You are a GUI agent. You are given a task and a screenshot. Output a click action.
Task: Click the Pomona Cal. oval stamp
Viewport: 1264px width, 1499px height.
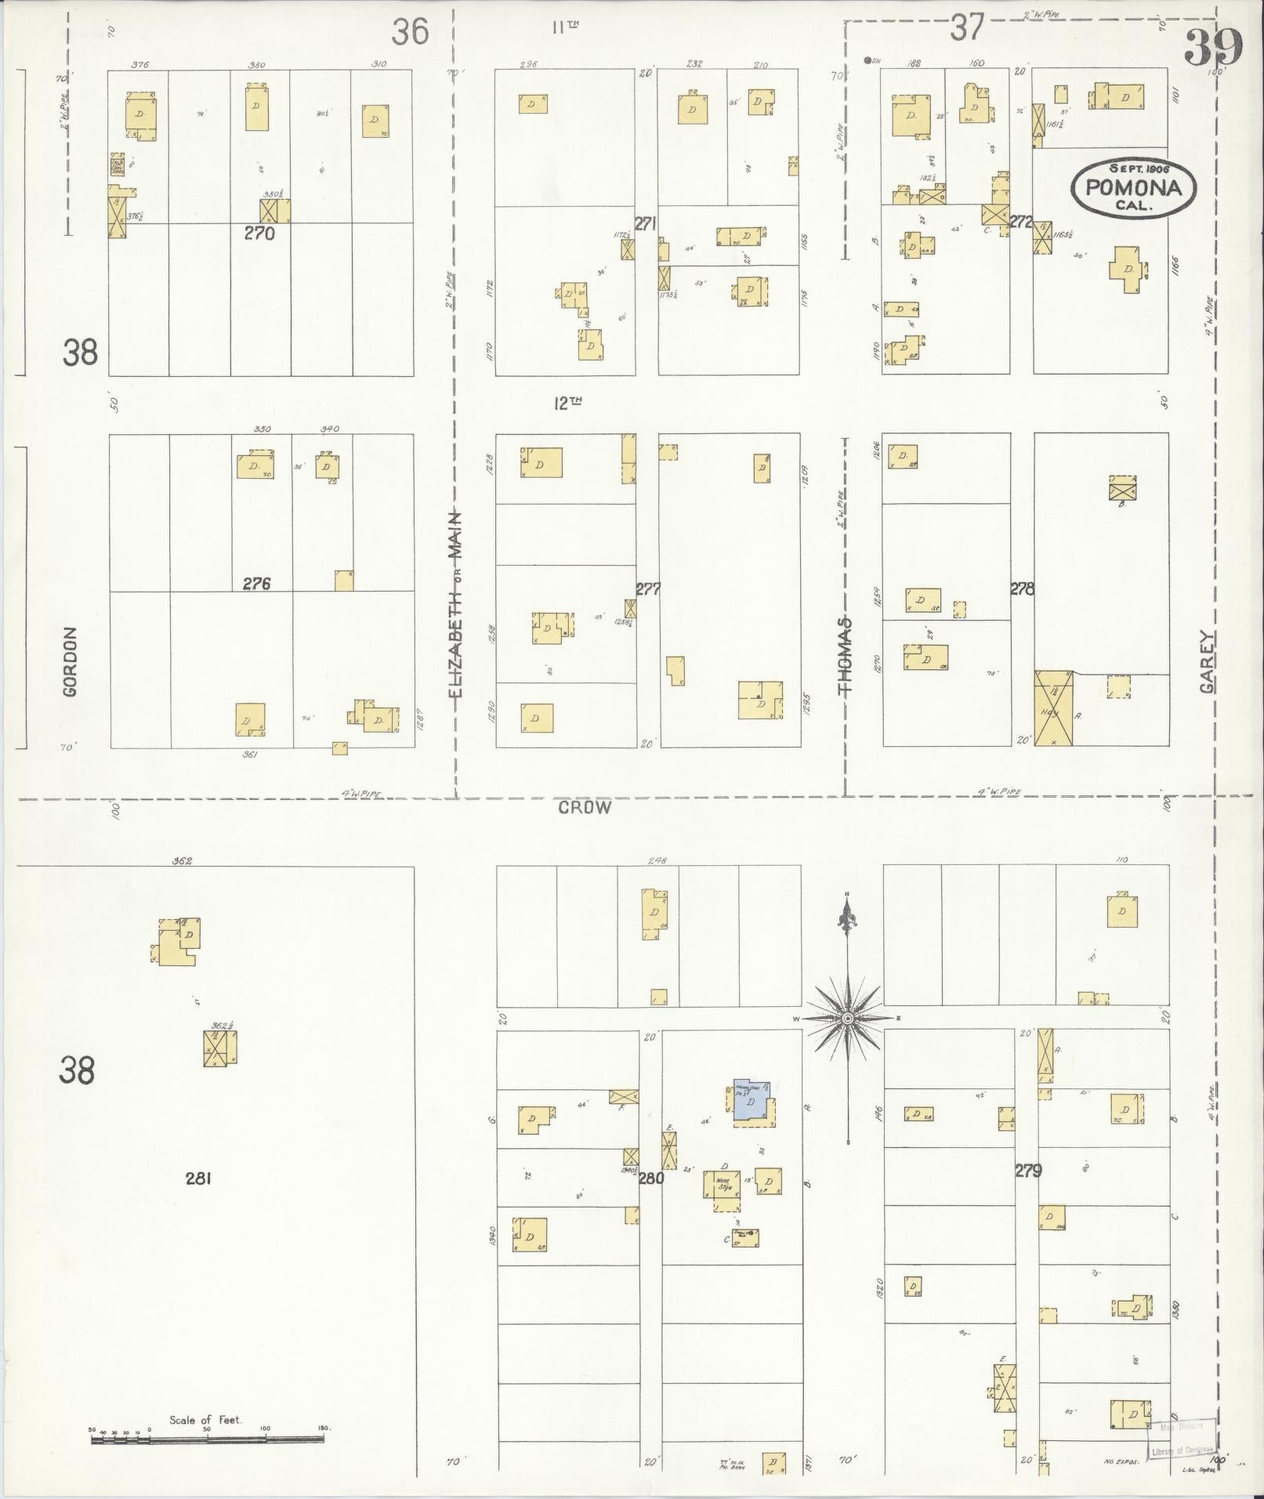(x=1134, y=187)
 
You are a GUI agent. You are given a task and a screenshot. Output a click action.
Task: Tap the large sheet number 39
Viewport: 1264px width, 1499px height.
(x=1213, y=48)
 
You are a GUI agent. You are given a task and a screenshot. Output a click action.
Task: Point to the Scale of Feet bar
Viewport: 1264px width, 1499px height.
(x=208, y=1439)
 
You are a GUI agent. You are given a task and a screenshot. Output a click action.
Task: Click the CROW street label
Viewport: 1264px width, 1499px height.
(x=585, y=808)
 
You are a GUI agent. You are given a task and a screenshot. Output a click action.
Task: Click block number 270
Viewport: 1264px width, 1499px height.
(x=259, y=233)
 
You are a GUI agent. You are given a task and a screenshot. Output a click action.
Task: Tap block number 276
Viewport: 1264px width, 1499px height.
(x=256, y=583)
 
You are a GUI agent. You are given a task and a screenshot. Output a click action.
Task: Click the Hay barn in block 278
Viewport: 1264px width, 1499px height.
(x=1053, y=708)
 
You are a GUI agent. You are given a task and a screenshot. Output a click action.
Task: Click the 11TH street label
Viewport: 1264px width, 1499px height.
(x=565, y=27)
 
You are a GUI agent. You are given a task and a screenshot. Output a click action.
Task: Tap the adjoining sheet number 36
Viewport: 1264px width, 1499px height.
(x=411, y=32)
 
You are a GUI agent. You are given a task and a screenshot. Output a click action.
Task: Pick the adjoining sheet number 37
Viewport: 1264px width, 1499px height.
(x=966, y=28)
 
